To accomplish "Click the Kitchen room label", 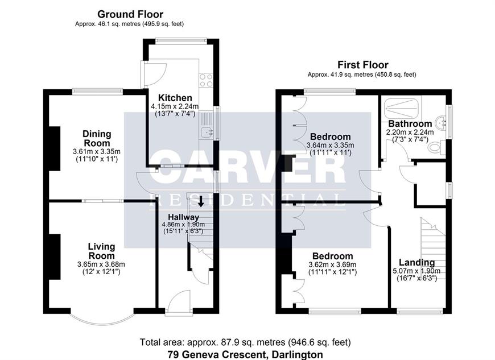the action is pos(175,98).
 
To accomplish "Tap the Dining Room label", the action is pos(97,138).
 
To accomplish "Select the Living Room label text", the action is pos(101,251).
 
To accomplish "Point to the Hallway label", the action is pos(183,217).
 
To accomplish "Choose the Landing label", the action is pos(416,262).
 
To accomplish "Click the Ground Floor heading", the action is pos(130,14).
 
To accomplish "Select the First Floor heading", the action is pos(363,65).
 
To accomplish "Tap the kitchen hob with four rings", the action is pos(206,80).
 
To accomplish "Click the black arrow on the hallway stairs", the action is pos(200,201).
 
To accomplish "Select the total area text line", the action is pos(245,342).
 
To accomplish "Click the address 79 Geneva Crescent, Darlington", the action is pos(245,355).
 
